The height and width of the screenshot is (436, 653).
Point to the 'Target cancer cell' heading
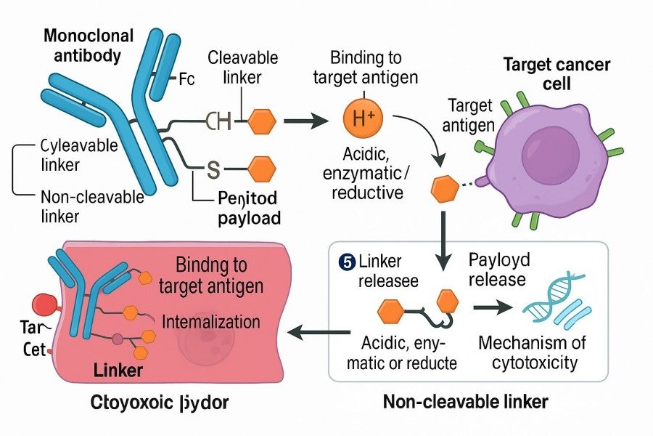coord(556,73)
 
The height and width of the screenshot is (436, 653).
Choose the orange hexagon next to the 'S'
coord(262,169)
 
